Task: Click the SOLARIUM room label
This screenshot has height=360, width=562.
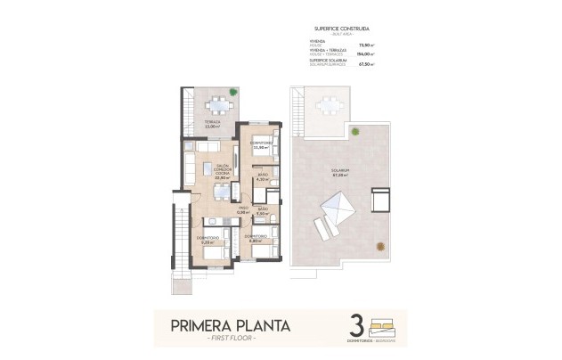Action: point(338,171)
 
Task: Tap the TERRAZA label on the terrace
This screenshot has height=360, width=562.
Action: point(212,124)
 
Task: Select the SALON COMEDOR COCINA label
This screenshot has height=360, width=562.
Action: point(223,170)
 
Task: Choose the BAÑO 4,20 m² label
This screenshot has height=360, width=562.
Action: point(262,178)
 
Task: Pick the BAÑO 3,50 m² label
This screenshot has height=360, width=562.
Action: point(263,213)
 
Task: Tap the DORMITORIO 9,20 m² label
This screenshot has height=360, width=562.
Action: point(208,239)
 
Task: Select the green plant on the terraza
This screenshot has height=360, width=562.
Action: point(233,91)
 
